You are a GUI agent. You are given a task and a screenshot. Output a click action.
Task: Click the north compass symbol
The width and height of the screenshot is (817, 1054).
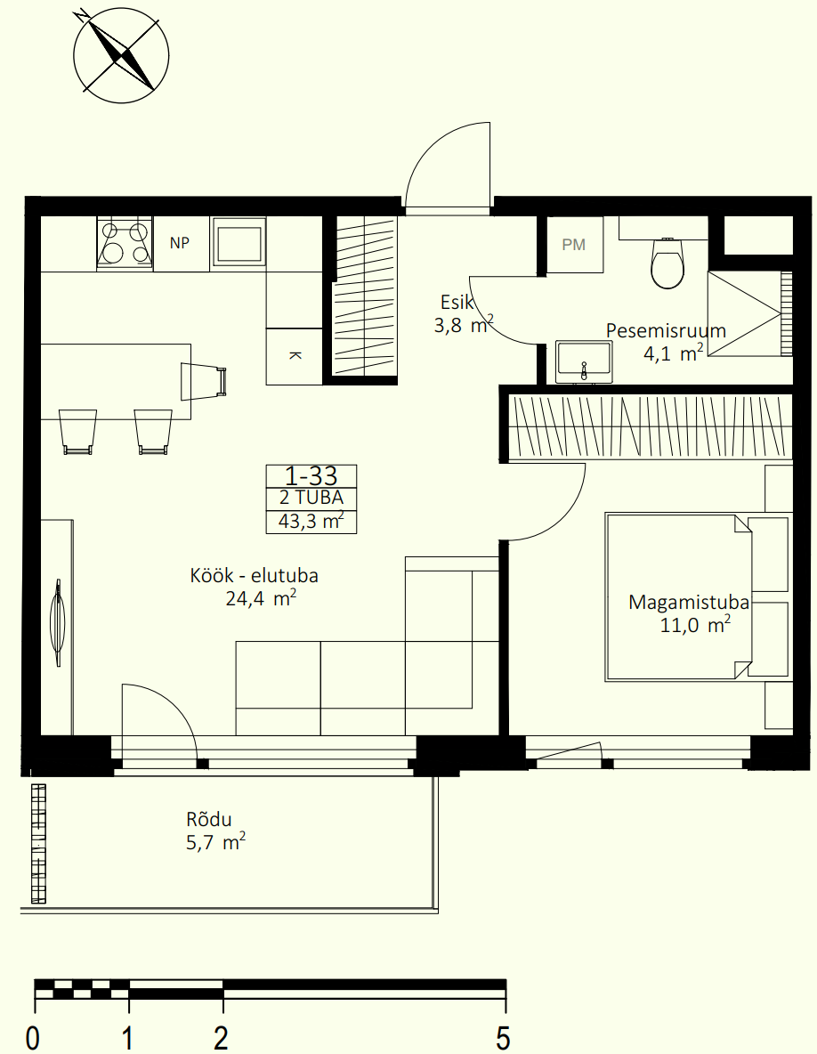[121, 55]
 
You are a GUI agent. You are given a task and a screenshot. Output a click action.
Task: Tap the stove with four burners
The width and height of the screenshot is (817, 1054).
[125, 243]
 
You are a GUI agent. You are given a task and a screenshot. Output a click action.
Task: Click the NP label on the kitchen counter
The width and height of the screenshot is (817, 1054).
[180, 243]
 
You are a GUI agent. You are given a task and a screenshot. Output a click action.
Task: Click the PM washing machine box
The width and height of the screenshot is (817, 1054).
[574, 245]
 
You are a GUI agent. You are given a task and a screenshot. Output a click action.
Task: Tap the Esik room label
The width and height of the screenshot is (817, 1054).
[457, 302]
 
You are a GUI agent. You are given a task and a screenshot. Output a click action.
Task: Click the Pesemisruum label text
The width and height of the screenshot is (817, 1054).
[666, 331]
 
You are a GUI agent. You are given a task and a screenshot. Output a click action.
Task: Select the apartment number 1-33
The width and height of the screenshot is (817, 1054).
[311, 476]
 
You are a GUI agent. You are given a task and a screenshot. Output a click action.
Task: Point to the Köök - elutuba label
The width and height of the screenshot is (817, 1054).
[254, 575]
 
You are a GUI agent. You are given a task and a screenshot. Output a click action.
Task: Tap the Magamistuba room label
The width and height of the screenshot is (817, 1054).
[689, 603]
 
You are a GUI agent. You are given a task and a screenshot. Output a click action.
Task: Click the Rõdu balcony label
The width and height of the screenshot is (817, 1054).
[209, 819]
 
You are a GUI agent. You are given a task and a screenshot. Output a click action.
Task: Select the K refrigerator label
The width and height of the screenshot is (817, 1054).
[295, 355]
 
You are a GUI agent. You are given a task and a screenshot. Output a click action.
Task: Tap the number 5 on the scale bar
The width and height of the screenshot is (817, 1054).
[503, 1038]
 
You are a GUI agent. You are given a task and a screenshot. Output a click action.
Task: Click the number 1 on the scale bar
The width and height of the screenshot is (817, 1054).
[127, 1038]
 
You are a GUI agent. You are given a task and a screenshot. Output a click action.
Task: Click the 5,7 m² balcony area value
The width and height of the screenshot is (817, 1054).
[215, 841]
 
